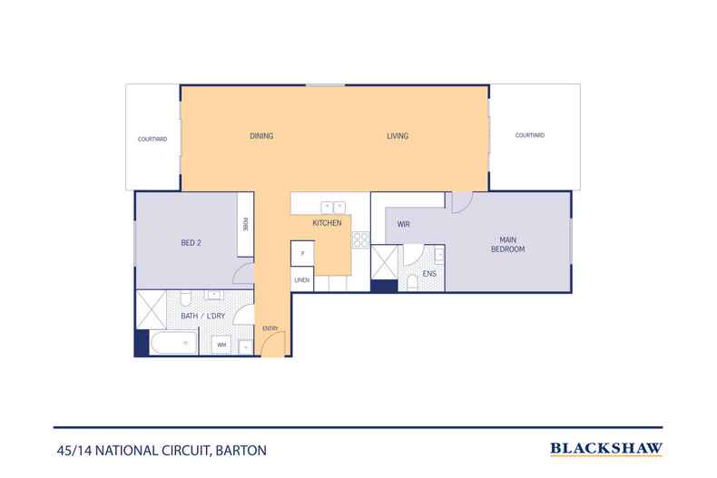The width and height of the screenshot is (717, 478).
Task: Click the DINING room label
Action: (x=261, y=136)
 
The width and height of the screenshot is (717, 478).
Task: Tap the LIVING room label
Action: (x=398, y=136)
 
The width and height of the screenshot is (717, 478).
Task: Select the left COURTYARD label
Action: (x=152, y=140)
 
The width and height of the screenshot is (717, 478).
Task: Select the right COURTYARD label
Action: (x=529, y=135)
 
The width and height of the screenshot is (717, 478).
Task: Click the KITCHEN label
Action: (x=327, y=222)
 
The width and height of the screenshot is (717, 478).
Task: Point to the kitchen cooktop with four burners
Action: (x=359, y=240)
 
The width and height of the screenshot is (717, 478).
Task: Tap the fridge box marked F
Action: (x=302, y=253)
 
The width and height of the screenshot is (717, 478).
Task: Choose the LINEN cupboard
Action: (x=302, y=280)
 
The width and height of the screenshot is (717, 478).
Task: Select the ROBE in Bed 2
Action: (x=245, y=225)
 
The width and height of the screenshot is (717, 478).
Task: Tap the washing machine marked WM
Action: (x=221, y=345)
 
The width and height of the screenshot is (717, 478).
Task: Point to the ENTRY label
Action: (x=270, y=328)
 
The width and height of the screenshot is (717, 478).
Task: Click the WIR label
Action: (x=403, y=222)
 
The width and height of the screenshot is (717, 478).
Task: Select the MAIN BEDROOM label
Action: (x=508, y=245)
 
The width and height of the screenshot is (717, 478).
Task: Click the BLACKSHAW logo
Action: (x=606, y=448)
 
